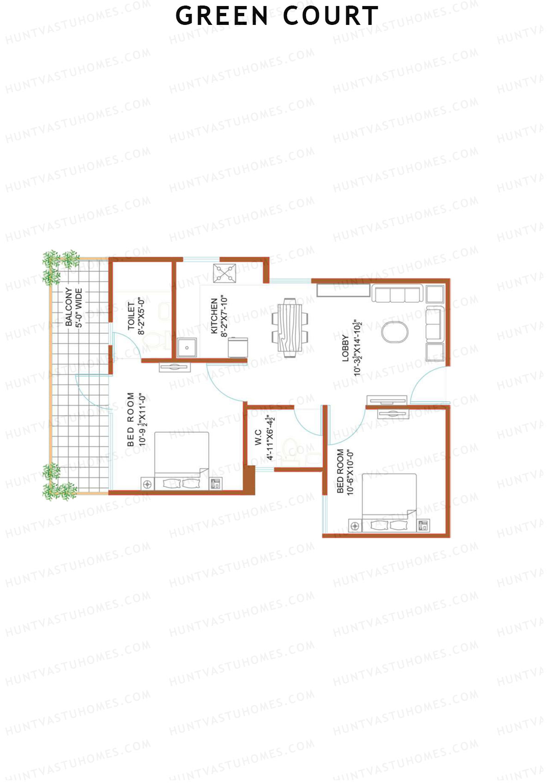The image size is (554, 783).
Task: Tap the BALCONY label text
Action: (x=68, y=307)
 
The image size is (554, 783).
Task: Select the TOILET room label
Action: (x=131, y=317)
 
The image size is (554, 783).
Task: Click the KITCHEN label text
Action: (x=214, y=316)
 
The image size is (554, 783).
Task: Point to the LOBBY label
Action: (x=345, y=348)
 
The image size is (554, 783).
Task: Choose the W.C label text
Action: (x=259, y=437)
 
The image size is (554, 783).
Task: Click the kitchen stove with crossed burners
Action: (x=224, y=273)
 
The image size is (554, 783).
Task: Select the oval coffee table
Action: (x=395, y=332)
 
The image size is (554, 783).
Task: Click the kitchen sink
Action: (x=187, y=348)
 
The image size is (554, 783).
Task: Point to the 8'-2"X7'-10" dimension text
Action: (x=224, y=317)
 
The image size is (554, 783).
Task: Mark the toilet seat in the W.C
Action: (x=289, y=448)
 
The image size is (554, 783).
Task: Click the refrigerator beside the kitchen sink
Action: (x=238, y=347)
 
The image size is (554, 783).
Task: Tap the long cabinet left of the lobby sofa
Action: (x=343, y=290)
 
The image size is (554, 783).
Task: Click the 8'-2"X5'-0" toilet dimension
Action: (x=141, y=317)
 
